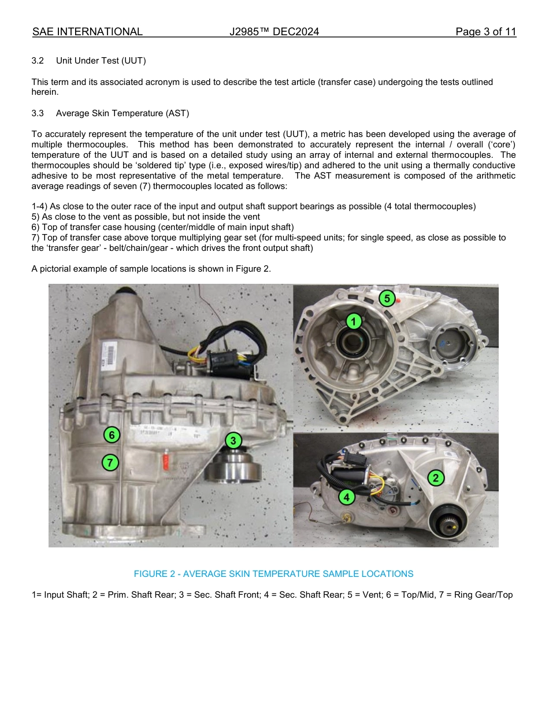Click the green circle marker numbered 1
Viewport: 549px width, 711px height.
coord(354,321)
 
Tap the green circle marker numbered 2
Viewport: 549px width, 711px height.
coord(435,477)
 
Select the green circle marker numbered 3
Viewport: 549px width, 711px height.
coord(232,440)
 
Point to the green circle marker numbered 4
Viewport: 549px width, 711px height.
coord(346,497)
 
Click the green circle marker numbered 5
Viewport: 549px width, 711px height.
coord(387,298)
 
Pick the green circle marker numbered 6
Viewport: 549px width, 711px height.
coord(112,435)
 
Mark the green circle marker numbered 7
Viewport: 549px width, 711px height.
coord(110,462)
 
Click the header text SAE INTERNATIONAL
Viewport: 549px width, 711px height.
coord(87,32)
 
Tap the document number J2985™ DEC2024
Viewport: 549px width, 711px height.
coord(274,32)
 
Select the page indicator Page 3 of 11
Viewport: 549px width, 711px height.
coord(485,32)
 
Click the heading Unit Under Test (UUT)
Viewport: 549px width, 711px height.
coord(101,61)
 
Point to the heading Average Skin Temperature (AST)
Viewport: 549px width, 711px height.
coord(123,113)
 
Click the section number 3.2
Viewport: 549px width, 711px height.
coord(38,61)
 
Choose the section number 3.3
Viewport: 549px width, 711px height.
coord(38,113)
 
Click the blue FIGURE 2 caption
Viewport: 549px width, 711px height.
coord(273,574)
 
